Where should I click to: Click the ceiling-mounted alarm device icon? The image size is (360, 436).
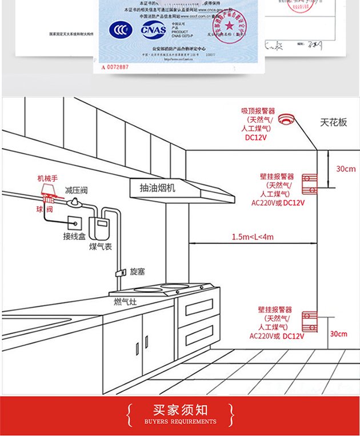[x=286, y=119]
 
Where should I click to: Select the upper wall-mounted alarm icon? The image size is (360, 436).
[x=309, y=182]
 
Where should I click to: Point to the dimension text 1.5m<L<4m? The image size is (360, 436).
[x=253, y=237]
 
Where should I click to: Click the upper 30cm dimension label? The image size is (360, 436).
[x=345, y=169]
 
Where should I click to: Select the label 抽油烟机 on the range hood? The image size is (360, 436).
[x=158, y=187]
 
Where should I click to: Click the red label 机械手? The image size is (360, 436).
[x=48, y=178]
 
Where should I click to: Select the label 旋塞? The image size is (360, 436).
[x=138, y=271]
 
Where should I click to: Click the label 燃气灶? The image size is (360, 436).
[x=125, y=301]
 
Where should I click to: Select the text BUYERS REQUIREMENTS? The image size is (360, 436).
[x=180, y=422]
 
